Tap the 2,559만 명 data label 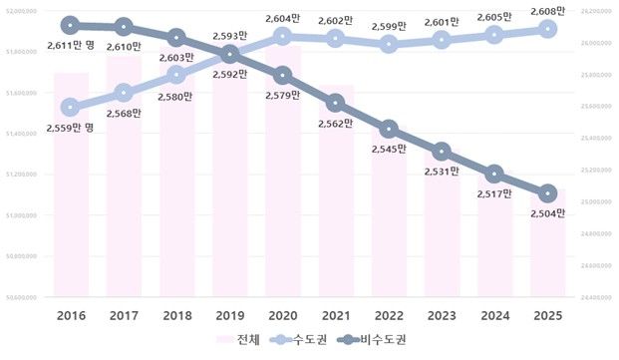70,128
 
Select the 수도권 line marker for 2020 283,36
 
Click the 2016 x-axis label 70,316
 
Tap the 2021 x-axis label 336,316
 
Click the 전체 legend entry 238,341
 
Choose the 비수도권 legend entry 372,341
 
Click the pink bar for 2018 176,180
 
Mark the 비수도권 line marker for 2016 70,25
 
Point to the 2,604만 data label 283,18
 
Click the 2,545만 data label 390,149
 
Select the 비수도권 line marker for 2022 390,129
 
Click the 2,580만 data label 176,96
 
